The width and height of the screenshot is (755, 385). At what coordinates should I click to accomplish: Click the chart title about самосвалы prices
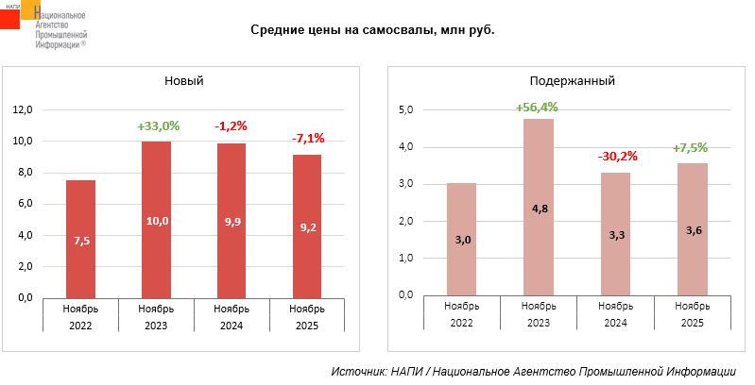[372, 30]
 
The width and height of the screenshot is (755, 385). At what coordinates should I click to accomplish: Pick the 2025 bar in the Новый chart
[307, 226]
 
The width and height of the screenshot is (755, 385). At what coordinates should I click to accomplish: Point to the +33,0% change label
[158, 126]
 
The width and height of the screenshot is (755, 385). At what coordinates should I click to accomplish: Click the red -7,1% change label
[308, 139]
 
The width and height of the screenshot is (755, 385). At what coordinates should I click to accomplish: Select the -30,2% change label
[616, 157]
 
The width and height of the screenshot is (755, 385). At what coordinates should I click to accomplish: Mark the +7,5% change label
[690, 147]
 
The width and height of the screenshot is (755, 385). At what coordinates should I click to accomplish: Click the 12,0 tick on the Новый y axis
[22, 109]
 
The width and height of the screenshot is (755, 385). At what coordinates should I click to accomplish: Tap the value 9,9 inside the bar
[232, 223]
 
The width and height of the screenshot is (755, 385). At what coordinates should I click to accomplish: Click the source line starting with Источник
[533, 372]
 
